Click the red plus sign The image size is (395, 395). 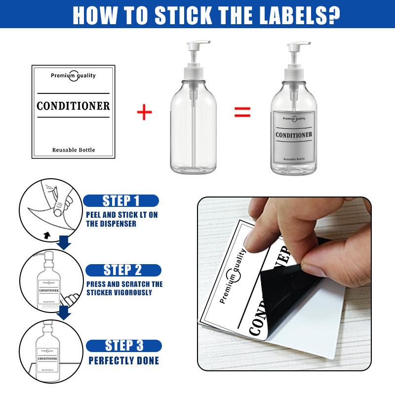click(144, 112)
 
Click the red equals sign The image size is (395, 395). click(242, 112)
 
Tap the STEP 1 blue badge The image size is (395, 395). click(121, 200)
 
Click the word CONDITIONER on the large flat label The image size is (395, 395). click(73, 106)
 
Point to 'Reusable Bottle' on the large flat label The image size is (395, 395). click(73, 150)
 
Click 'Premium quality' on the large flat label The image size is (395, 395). click(73, 76)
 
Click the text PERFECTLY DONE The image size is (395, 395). click(123, 361)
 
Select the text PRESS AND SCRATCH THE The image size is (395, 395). click(124, 284)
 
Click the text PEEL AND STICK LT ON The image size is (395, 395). click(122, 215)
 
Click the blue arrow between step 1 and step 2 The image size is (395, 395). click(63, 242)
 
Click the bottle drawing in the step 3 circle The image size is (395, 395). click(48, 353)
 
